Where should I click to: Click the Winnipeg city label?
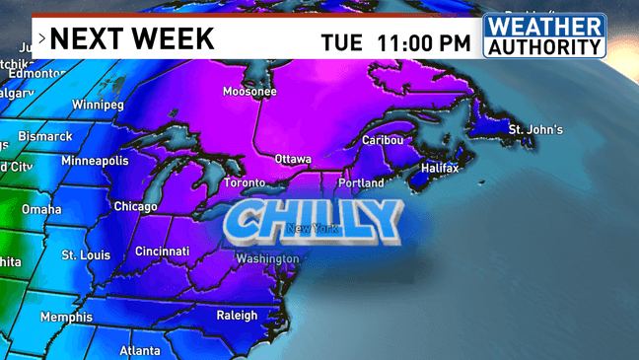click(98, 105)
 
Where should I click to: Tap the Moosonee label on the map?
click(249, 92)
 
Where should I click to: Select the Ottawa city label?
click(292, 159)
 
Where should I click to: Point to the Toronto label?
click(245, 183)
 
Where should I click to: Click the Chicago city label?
click(135, 207)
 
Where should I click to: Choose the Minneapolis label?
click(95, 161)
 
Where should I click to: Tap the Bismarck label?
click(45, 136)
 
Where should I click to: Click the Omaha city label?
click(41, 209)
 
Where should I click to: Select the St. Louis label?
click(86, 255)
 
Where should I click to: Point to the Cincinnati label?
click(162, 252)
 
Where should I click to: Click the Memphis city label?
click(66, 318)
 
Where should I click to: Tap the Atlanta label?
click(140, 351)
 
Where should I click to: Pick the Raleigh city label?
click(237, 316)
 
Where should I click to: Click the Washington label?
click(266, 259)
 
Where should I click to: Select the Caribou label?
click(383, 140)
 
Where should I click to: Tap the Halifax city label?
click(440, 169)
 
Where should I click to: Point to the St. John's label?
click(535, 130)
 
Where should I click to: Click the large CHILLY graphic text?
click(314, 221)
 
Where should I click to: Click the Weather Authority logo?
click(543, 36)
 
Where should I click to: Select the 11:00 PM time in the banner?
click(423, 42)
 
